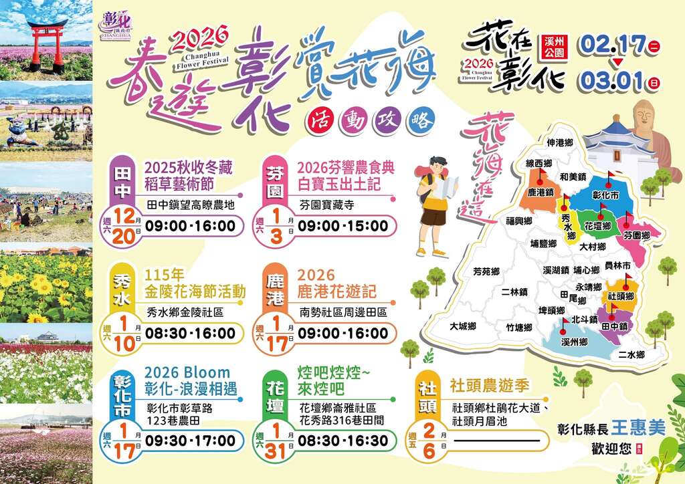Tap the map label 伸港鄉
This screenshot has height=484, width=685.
click(560, 142)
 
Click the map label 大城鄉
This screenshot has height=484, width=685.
click(463, 326)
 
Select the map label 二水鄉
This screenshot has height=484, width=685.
click(631, 354)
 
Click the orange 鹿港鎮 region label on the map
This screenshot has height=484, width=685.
click(541, 192)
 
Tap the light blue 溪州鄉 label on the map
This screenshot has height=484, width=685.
click(575, 342)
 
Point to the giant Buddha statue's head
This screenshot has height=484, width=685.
click(644, 116)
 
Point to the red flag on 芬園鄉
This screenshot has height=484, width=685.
click(629, 217)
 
